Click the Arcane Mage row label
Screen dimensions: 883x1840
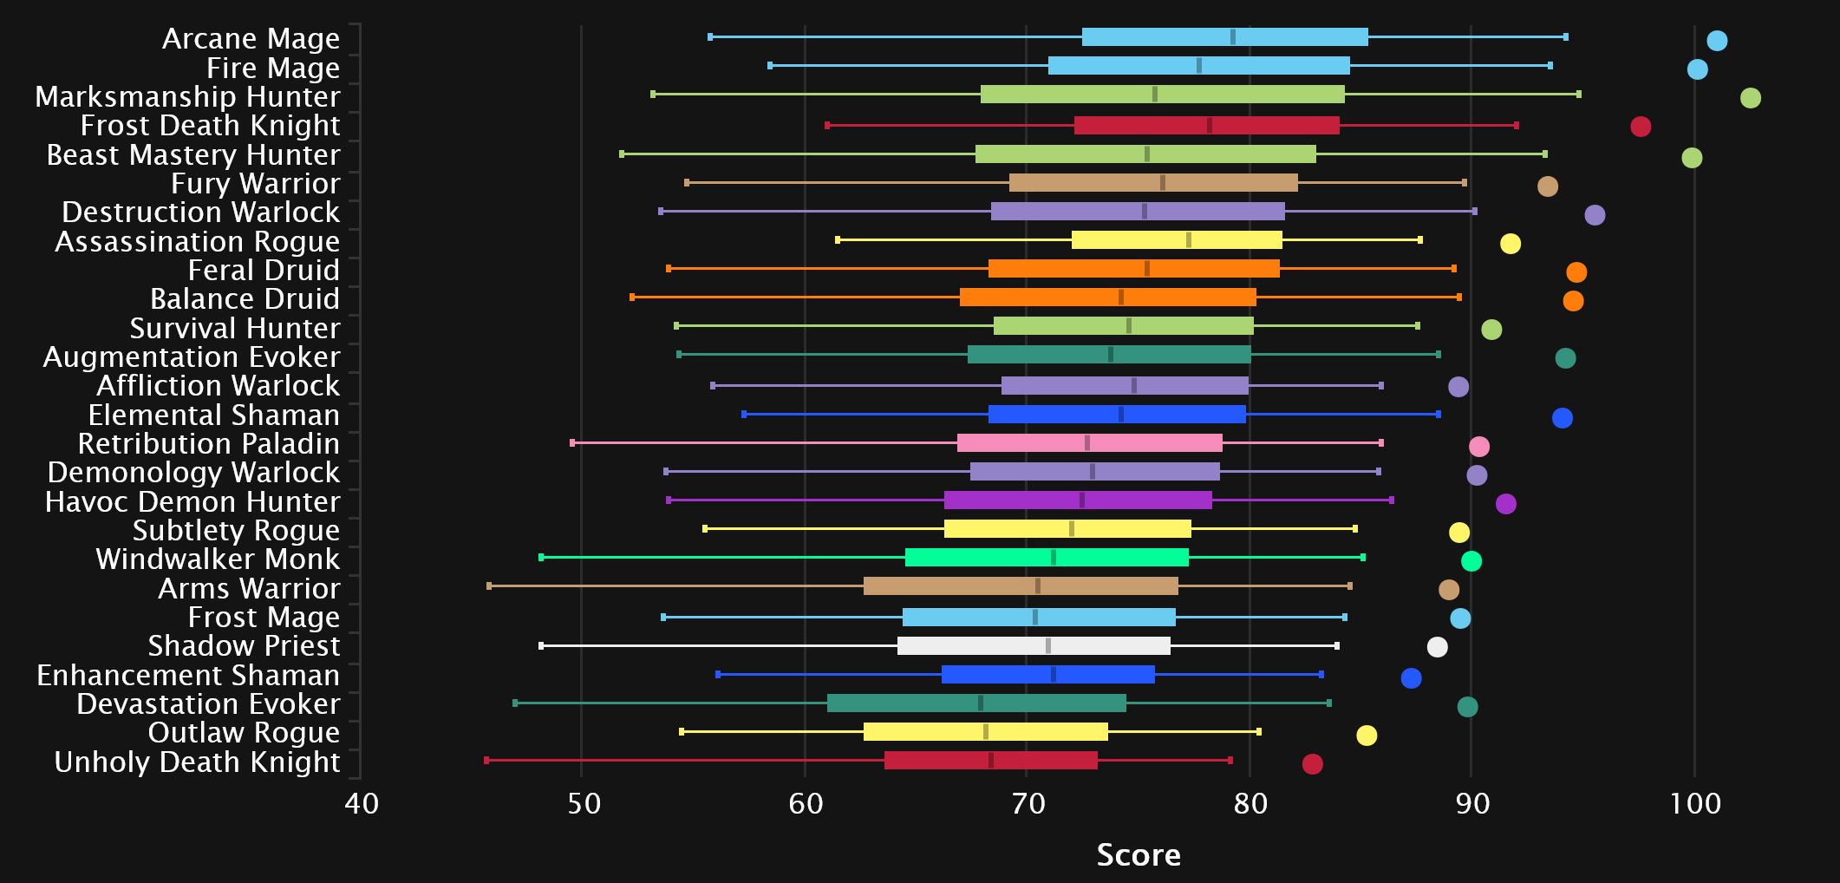(x=251, y=39)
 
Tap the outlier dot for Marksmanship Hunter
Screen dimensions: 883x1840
(x=1750, y=98)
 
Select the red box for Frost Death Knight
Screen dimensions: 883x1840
(x=1206, y=126)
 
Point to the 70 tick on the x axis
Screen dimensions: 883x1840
(x=1028, y=804)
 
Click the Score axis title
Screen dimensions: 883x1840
(x=1138, y=855)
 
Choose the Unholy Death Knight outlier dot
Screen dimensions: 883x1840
(x=1312, y=764)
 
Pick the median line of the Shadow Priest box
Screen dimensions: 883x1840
(x=1048, y=646)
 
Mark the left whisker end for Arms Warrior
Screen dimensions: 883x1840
(x=489, y=586)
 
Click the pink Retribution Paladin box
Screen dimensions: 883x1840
(x=1089, y=443)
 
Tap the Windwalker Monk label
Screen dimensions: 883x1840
(x=218, y=559)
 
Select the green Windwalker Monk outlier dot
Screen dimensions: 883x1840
(x=1471, y=561)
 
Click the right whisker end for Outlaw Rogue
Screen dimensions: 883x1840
(x=1258, y=732)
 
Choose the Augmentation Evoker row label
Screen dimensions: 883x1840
(x=192, y=357)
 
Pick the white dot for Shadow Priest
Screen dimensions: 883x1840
(x=1437, y=647)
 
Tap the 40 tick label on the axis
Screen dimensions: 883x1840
(x=361, y=804)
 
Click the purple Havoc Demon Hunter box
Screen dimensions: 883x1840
(x=1078, y=500)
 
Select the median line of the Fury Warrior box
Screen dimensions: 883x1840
(x=1162, y=183)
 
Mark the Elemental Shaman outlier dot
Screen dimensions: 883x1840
(x=1562, y=418)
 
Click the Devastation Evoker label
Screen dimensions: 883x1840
(x=208, y=704)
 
